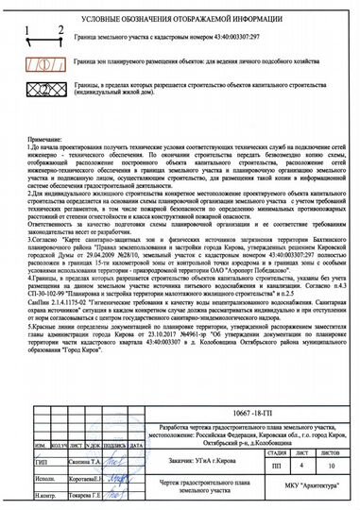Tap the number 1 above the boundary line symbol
(34, 34)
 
